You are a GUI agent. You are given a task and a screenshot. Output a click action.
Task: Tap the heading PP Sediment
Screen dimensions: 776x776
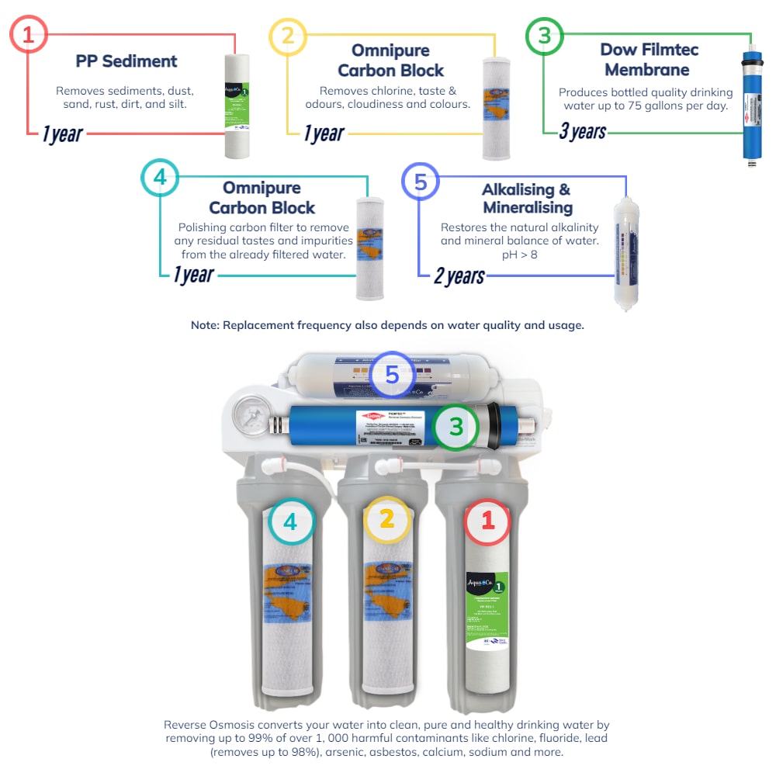(126, 61)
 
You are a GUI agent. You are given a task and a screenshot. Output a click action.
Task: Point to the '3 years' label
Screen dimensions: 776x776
(582, 131)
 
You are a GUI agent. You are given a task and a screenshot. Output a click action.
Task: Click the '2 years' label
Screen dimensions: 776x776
(459, 275)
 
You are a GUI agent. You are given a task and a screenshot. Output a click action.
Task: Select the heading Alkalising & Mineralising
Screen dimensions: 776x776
(527, 199)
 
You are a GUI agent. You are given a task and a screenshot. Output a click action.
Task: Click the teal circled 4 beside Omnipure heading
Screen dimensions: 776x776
(160, 178)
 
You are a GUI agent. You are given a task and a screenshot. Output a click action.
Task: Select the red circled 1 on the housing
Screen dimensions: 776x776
(487, 521)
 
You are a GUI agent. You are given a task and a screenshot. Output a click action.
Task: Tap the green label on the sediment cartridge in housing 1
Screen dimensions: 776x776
(487, 613)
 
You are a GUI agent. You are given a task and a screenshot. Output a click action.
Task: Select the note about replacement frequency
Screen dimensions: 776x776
(387, 325)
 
